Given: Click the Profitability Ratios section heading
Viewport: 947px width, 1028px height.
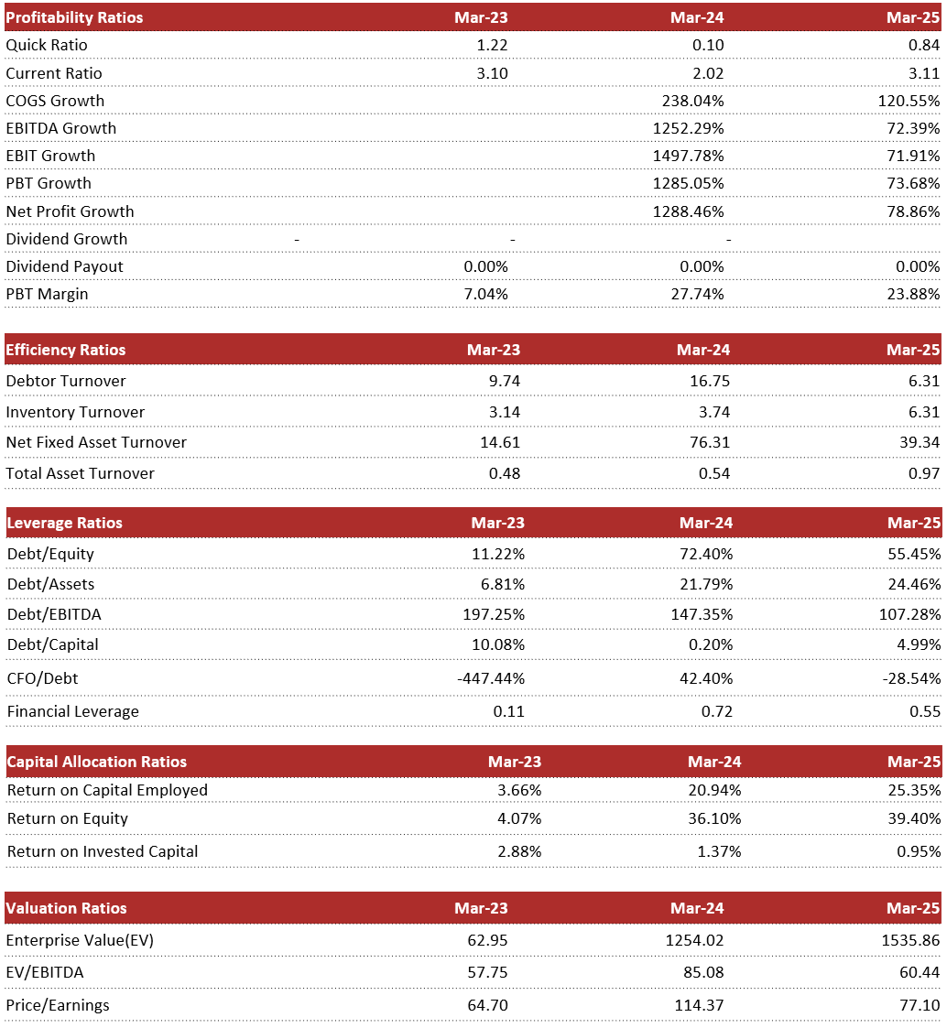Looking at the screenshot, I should point(74,17).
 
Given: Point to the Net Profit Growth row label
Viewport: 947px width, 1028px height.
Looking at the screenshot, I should point(70,211).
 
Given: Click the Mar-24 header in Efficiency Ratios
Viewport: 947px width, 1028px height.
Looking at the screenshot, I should point(702,350).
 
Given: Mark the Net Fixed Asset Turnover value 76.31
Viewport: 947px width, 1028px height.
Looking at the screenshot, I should point(711,442).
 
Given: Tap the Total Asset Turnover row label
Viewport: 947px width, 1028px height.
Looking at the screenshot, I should point(80,473).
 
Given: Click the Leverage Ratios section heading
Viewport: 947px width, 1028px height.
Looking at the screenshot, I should point(64,523).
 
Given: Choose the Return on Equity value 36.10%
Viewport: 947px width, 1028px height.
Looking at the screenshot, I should point(711,818).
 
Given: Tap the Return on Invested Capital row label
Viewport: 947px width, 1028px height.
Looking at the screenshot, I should point(103,851).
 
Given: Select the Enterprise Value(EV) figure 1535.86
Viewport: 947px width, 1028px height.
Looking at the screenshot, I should point(909,940).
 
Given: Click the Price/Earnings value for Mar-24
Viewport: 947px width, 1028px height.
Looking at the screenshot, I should point(697,1005).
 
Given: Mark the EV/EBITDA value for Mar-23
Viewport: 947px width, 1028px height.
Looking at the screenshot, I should point(488,972).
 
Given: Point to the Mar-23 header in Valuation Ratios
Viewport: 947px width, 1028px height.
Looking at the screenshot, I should point(481,908).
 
